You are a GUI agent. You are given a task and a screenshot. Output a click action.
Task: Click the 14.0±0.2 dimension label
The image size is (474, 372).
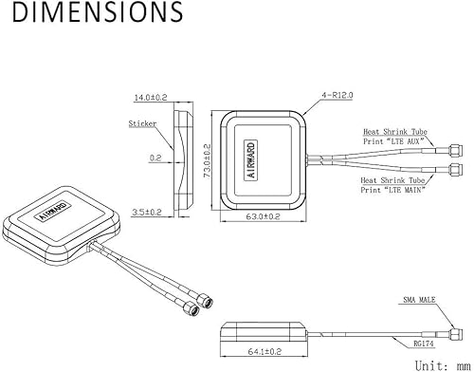pyautogui.click(x=149, y=98)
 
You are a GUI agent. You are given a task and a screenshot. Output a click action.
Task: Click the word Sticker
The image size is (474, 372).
pyautogui.click(x=141, y=123)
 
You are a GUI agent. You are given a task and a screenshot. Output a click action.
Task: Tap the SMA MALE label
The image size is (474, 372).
pyautogui.click(x=419, y=301)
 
